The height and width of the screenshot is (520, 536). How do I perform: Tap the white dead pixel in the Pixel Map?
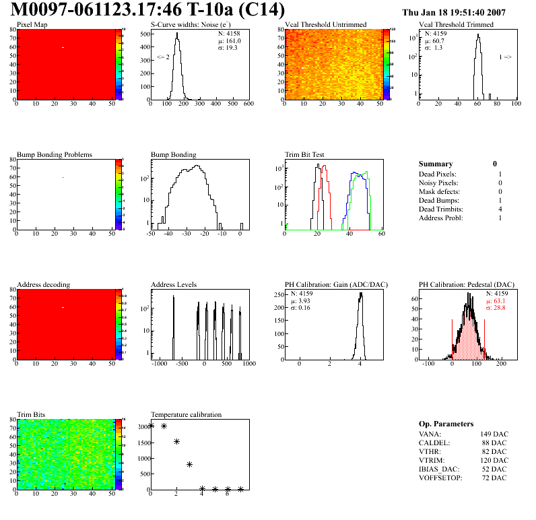pyautogui.click(x=63, y=47)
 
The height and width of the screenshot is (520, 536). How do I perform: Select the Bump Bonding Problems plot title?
pyautogui.click(x=55, y=154)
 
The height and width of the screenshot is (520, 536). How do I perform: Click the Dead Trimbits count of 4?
pyautogui.click(x=500, y=209)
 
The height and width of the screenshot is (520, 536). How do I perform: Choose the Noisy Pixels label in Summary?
pyautogui.click(x=438, y=183)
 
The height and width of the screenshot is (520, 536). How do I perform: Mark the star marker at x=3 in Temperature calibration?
pyautogui.click(x=190, y=464)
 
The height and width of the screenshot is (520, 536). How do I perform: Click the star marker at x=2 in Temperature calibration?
pyautogui.click(x=177, y=442)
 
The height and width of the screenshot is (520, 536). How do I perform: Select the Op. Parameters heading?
pyautogui.click(x=446, y=424)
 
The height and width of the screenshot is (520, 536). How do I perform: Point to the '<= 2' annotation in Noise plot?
pyautogui.click(x=163, y=57)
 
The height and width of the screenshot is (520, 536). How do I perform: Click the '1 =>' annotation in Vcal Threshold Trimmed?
pyautogui.click(x=505, y=57)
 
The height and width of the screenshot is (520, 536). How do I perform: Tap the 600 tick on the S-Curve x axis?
pyautogui.click(x=248, y=105)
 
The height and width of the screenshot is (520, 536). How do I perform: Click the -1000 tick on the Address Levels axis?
pyautogui.click(x=159, y=364)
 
